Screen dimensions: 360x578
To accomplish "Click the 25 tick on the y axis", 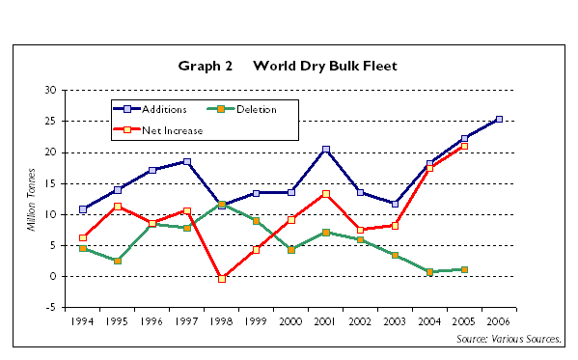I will (x=50, y=121).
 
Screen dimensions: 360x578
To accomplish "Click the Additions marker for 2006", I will (x=498, y=120).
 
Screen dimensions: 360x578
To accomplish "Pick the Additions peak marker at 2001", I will (x=326, y=150).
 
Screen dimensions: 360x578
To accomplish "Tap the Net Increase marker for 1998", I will (x=222, y=278).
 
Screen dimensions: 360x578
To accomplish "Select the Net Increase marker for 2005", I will (x=464, y=146).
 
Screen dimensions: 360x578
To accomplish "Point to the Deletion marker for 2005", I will (x=464, y=269).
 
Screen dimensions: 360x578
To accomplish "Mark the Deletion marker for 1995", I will (x=118, y=261).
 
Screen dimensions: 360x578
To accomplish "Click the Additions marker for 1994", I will (x=83, y=209).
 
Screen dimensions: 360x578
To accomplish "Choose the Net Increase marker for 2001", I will (x=326, y=194).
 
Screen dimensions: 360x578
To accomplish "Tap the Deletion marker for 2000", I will (x=291, y=249).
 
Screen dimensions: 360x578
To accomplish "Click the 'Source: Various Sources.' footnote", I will (x=509, y=340).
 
